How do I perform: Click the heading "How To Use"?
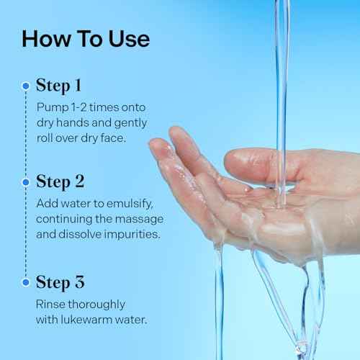(86, 38)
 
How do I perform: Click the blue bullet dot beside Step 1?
(26, 86)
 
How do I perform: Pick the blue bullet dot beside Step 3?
(26, 282)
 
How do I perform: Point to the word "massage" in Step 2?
(143, 218)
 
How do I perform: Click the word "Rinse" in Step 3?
(51, 303)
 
